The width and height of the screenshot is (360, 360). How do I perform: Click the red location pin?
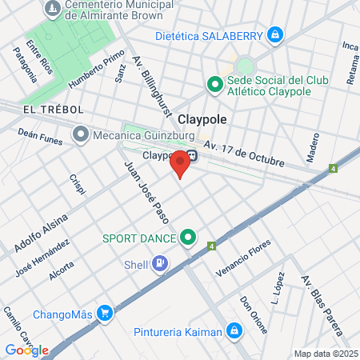[181, 162]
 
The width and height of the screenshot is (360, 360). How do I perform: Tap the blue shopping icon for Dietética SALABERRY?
[275, 34]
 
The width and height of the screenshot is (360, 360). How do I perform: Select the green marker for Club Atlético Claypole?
[214, 83]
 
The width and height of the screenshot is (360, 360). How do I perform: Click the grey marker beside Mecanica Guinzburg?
[80, 134]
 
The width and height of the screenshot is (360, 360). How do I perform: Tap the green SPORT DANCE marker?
[188, 237]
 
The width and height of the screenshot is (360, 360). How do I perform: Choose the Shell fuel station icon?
[161, 262]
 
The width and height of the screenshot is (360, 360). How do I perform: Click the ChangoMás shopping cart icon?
[104, 313]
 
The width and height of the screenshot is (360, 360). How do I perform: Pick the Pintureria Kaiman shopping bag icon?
[233, 329]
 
